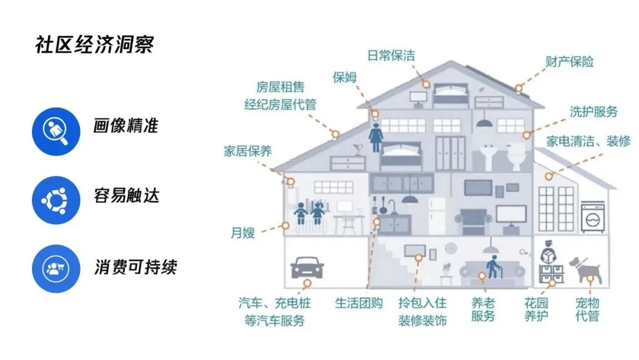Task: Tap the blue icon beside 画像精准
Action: pos(56,131)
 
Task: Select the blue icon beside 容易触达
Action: pos(56,200)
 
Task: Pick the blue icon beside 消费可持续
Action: pos(56,268)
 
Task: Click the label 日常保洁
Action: pos(391,56)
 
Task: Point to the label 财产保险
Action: pos(569,61)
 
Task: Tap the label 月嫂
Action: pos(243,232)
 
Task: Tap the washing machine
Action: pos(592,217)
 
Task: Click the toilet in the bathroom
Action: pos(517,155)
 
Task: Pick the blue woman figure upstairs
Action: pos(376,138)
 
